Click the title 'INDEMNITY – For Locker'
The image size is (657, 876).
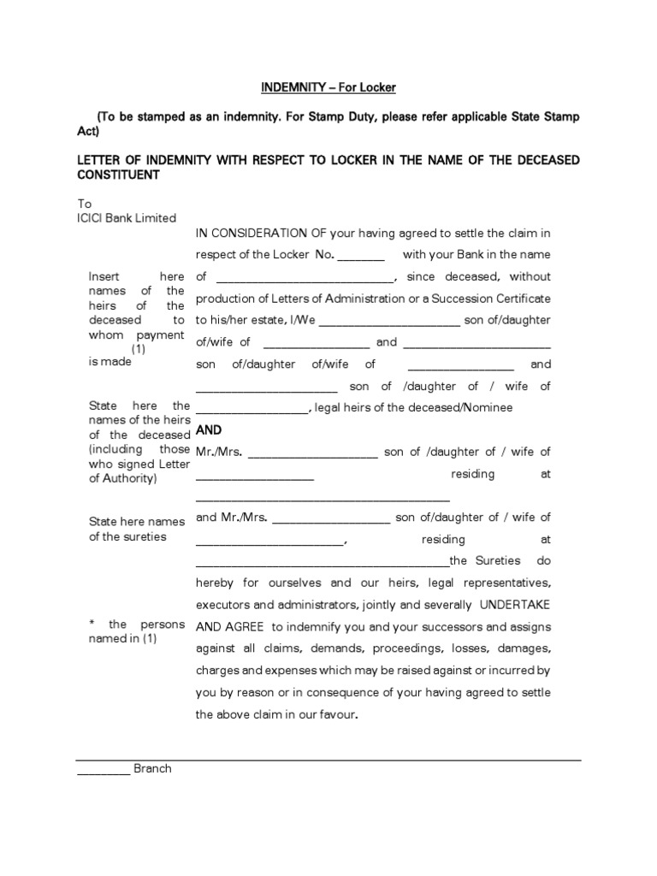pos(328,87)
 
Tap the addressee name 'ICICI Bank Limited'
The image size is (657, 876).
pos(127,218)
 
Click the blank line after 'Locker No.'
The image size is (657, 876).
pos(362,256)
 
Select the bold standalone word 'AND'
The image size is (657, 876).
pos(209,430)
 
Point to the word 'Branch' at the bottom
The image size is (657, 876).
pos(152,768)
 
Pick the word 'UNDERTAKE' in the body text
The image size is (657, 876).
pos(515,605)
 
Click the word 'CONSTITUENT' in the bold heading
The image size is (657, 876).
pos(118,175)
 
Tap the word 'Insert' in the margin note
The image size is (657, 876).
pos(105,276)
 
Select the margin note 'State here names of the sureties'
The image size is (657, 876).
pos(137,529)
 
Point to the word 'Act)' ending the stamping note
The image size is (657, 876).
pos(89,132)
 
